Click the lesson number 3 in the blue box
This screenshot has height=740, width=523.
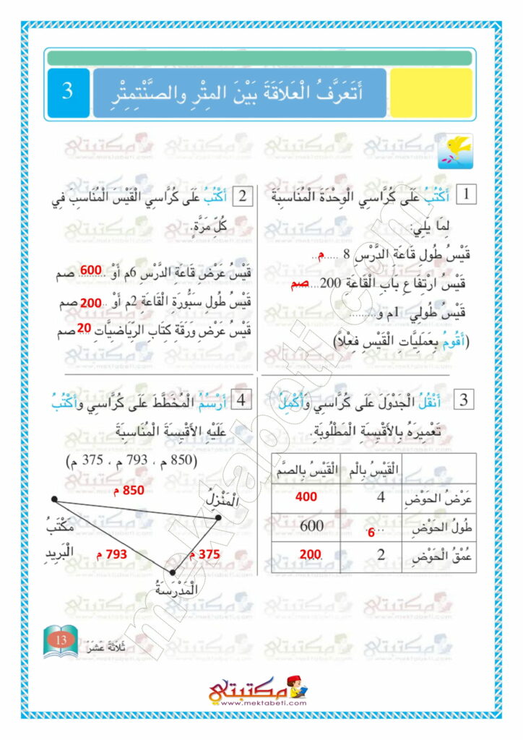pyautogui.click(x=67, y=92)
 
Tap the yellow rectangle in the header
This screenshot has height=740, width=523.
pyautogui.click(x=431, y=93)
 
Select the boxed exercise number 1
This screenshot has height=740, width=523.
pyautogui.click(x=467, y=194)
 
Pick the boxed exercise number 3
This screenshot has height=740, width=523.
pyautogui.click(x=466, y=400)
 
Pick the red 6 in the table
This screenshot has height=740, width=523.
pyautogui.click(x=371, y=534)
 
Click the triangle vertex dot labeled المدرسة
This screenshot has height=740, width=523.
pyautogui.click(x=172, y=572)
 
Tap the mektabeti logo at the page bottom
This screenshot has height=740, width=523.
pyautogui.click(x=258, y=691)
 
